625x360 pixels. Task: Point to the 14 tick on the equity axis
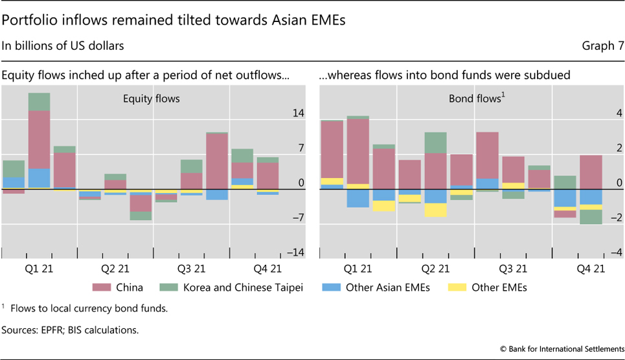(298, 113)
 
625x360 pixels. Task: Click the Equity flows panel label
(152, 99)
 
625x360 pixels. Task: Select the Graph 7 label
(602, 46)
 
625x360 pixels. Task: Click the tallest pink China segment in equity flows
(39, 139)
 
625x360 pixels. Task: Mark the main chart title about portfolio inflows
(174, 20)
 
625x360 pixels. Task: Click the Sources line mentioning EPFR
(70, 330)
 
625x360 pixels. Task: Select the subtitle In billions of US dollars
(63, 46)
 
